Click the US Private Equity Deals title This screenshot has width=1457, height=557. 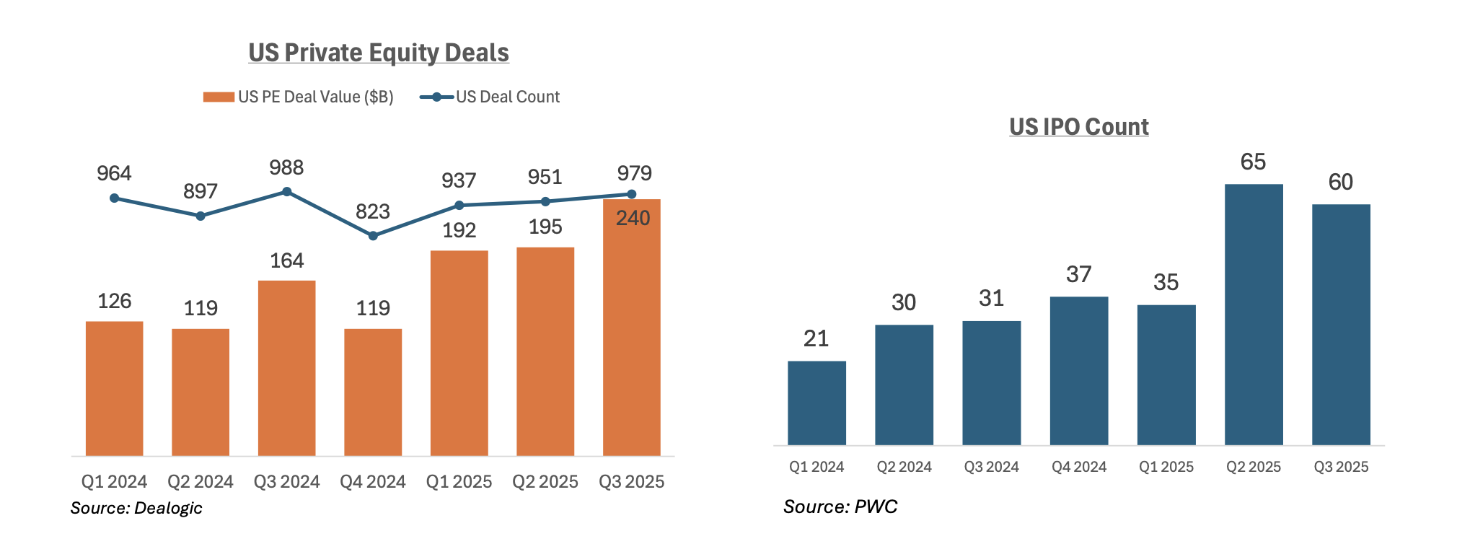(379, 53)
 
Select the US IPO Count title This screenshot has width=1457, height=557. (1078, 127)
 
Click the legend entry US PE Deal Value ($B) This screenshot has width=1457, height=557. (299, 97)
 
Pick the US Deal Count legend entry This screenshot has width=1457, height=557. (490, 97)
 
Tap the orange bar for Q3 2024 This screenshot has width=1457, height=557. (286, 368)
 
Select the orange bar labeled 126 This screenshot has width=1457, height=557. (114, 388)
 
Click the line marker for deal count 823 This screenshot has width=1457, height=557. (373, 236)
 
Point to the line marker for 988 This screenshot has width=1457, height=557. (286, 192)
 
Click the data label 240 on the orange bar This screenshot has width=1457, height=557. (633, 218)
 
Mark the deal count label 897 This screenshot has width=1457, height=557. (200, 191)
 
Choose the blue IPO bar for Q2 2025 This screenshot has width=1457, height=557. (1254, 315)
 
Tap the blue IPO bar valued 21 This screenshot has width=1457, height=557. (816, 403)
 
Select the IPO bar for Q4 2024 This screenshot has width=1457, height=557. (1078, 371)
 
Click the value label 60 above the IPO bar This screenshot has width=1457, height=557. (1340, 182)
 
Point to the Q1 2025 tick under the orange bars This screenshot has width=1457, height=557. (459, 481)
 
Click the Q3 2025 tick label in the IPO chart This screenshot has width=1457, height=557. (1340, 467)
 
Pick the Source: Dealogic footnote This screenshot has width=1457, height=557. (136, 508)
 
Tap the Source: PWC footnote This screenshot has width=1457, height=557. (840, 506)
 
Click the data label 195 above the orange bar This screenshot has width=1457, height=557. (545, 227)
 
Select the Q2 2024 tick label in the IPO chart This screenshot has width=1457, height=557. (904, 467)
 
